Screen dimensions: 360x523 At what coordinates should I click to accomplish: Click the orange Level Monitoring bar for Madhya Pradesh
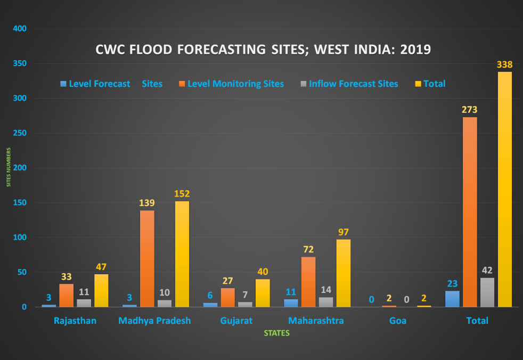click(147, 258)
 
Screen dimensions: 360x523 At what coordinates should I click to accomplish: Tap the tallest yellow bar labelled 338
click(505, 189)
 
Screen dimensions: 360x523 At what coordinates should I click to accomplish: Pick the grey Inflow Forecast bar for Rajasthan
click(84, 303)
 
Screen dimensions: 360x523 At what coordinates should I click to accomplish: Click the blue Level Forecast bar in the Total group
click(452, 299)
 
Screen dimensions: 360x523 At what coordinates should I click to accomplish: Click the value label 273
click(470, 110)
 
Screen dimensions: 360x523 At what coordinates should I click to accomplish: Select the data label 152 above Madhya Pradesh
click(182, 194)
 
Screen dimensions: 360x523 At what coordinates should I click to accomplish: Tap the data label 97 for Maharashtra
click(344, 232)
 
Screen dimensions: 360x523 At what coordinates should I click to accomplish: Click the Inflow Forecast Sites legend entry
click(353, 84)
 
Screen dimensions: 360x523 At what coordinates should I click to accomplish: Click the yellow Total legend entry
click(434, 84)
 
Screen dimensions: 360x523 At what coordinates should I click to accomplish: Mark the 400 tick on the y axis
click(19, 29)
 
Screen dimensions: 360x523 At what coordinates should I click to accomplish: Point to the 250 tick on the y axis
click(19, 133)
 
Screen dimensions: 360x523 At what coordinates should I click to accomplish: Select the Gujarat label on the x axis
click(236, 321)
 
